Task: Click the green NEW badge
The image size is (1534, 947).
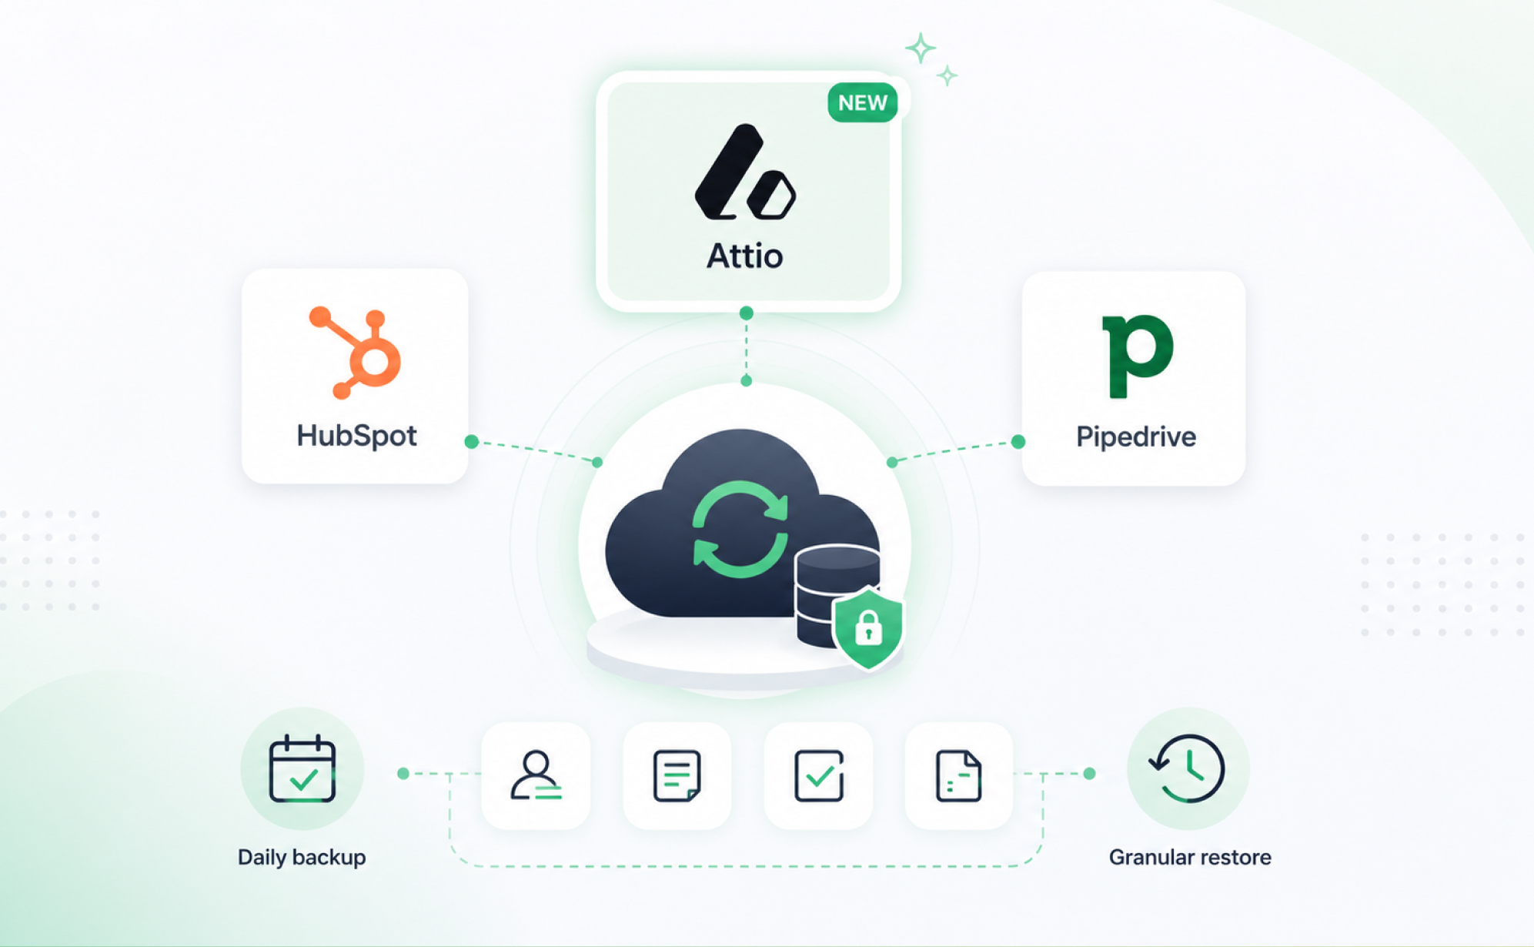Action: coord(862,102)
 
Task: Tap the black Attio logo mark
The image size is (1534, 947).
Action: coord(744,172)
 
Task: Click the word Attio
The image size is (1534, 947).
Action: coord(744,256)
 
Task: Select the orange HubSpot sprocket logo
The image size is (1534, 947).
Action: coord(355,353)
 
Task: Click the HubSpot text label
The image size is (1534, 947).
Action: coord(356,436)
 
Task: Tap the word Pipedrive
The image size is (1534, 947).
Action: coord(1135,437)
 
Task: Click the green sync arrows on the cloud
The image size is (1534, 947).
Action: coord(740,529)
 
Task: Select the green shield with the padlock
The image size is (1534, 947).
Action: coord(868,627)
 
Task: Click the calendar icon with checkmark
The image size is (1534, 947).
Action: coord(302,768)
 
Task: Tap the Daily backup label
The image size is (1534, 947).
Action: coord(302,857)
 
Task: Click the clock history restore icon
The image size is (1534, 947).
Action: coord(1187,768)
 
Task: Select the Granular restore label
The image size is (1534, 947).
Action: coord(1190,857)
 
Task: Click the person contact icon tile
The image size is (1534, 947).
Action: coord(536,775)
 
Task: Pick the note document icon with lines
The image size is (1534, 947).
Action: coord(677,776)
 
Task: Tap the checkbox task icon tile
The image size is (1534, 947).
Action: coord(818,775)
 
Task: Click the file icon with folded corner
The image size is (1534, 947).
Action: coord(958,776)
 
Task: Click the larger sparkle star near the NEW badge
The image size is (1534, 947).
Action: coord(920,49)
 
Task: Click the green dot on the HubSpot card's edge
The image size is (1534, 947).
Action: coord(472,441)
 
